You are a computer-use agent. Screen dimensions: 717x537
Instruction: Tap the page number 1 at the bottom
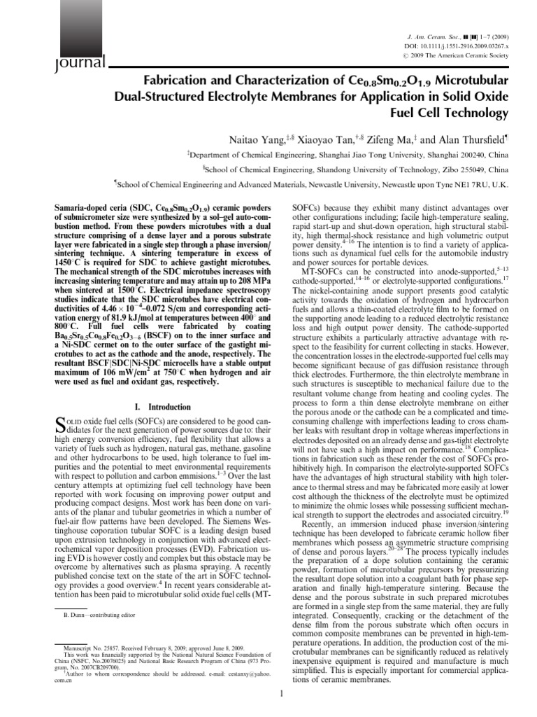pos(280,695)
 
